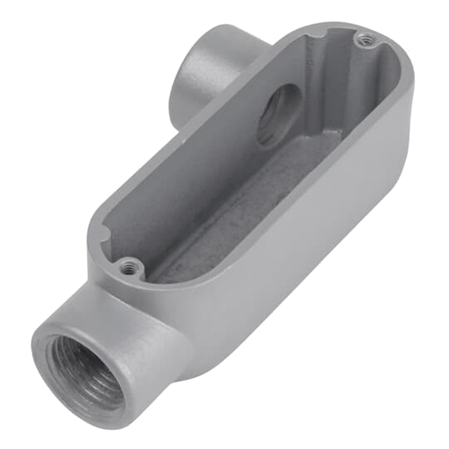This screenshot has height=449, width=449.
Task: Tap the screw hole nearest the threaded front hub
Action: (127, 266)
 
